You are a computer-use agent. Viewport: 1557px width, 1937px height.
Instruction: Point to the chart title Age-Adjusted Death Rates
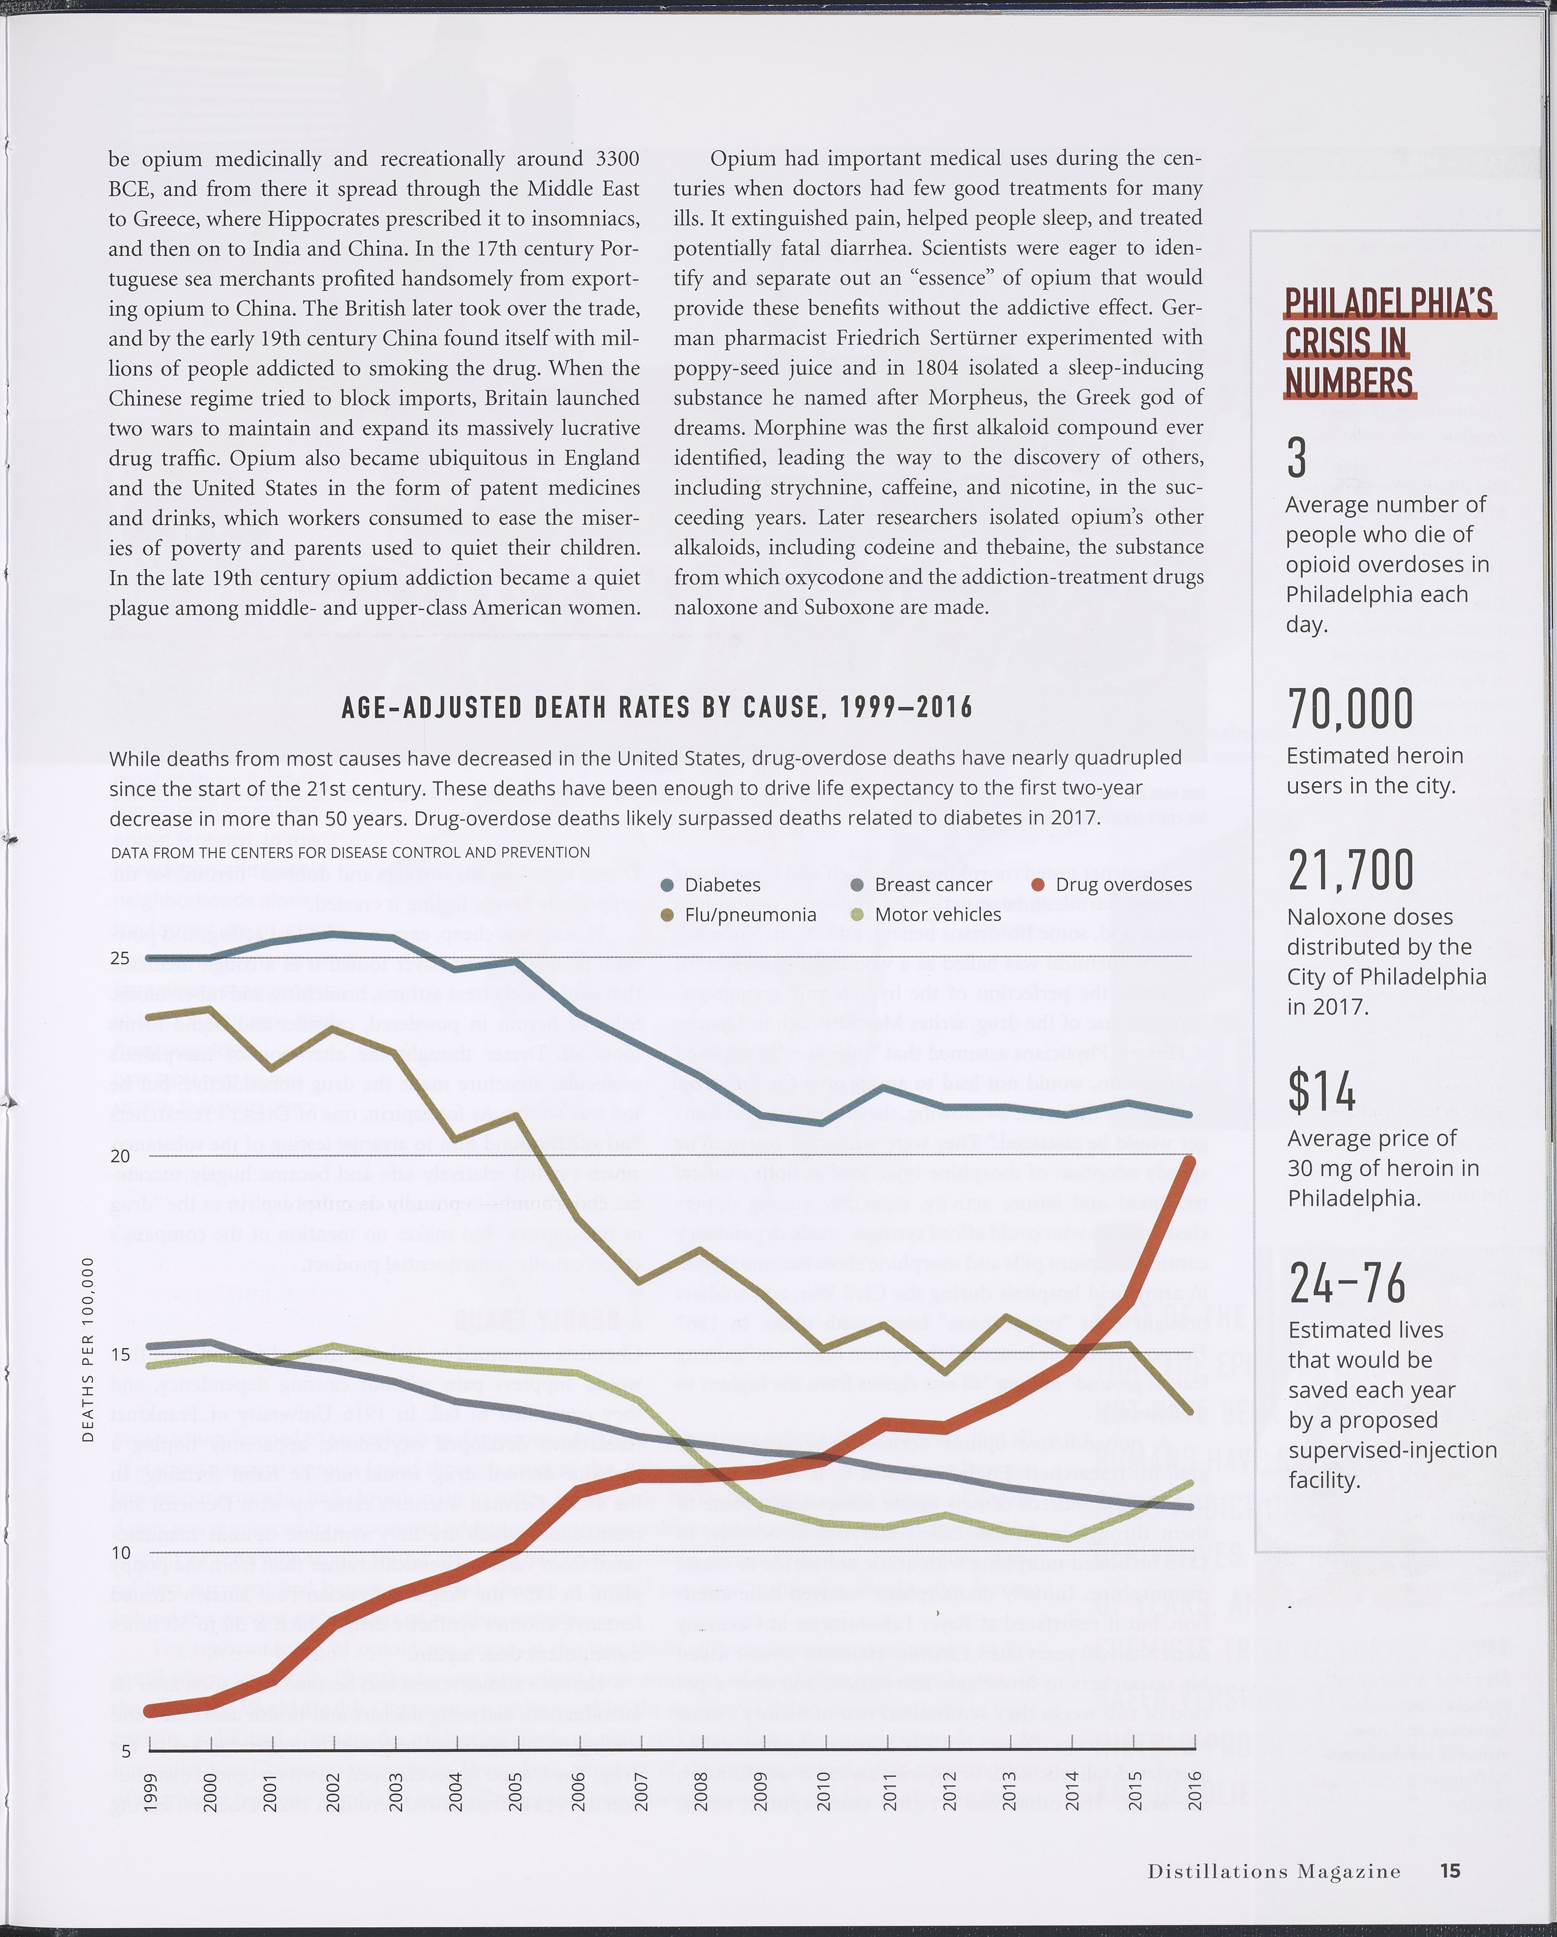coord(656,708)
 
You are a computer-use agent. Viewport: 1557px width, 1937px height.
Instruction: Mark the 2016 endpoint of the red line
coord(1190,1162)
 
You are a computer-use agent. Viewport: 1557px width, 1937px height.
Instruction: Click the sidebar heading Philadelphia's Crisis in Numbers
coord(1388,341)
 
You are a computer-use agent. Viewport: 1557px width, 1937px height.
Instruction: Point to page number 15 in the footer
coord(1449,1871)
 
